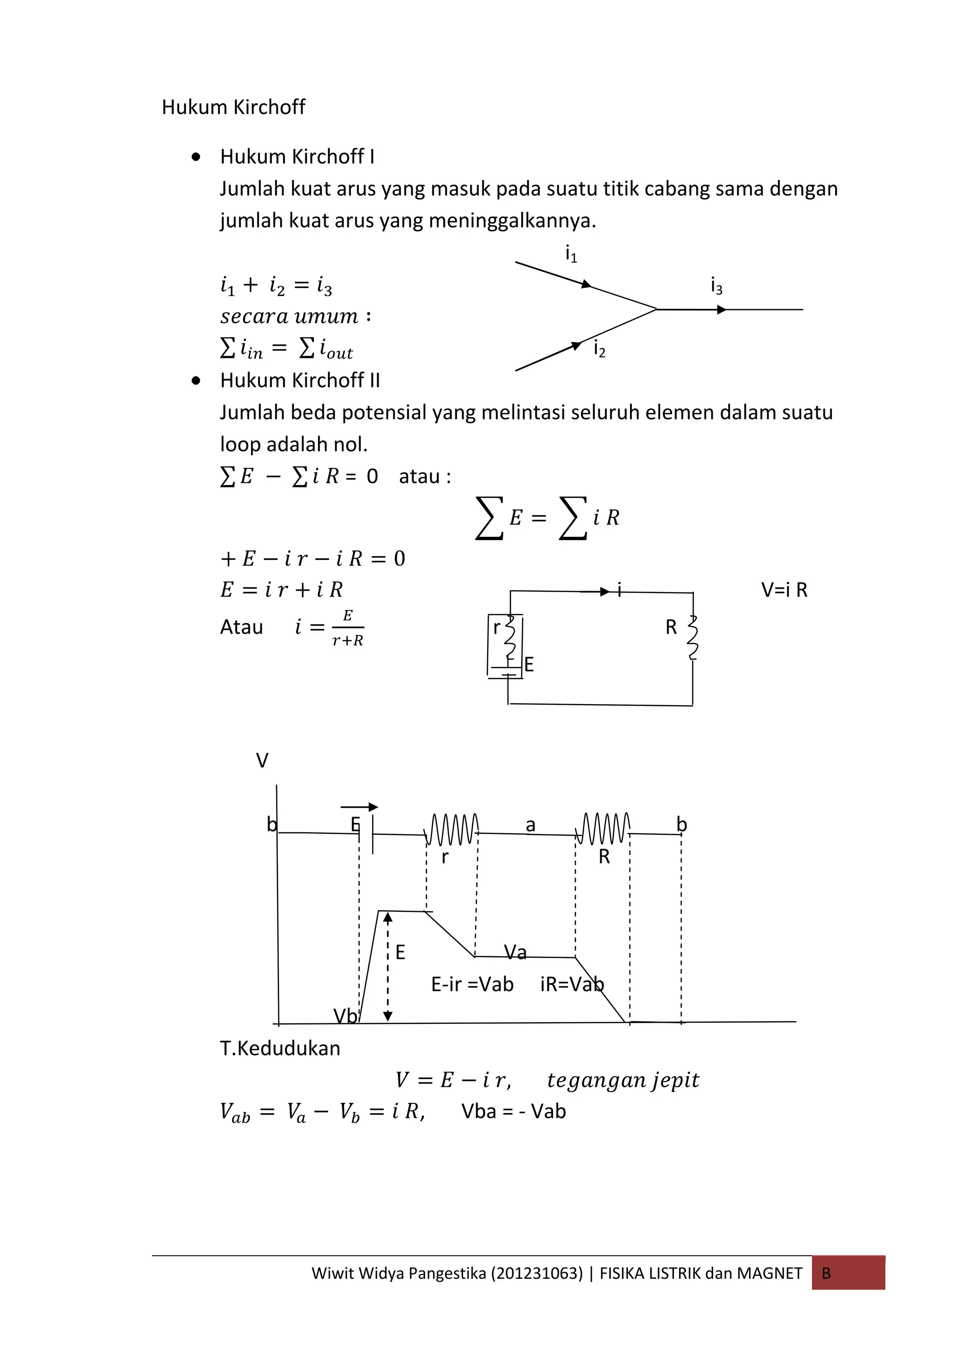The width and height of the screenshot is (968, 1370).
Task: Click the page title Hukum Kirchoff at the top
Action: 233,107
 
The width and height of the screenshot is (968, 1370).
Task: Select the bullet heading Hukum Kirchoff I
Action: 297,157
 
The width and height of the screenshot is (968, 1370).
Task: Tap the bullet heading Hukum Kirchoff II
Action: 299,381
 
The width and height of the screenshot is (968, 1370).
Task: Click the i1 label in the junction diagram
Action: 571,254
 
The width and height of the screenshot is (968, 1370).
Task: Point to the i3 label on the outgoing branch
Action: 716,287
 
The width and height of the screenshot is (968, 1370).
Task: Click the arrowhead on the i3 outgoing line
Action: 722,310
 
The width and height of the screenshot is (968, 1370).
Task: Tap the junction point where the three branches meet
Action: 657,309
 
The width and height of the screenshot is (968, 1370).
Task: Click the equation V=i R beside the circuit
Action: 784,590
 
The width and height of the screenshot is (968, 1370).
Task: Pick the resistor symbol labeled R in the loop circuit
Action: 692,637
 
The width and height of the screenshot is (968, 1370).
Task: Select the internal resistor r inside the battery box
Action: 510,636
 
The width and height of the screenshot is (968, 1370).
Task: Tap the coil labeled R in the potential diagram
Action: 603,829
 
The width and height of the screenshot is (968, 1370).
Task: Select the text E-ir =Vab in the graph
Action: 472,984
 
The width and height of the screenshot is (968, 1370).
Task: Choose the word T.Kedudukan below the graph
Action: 280,1048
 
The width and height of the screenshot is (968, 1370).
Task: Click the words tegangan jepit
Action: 622,1081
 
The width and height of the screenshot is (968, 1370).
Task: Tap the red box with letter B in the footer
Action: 847,1274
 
